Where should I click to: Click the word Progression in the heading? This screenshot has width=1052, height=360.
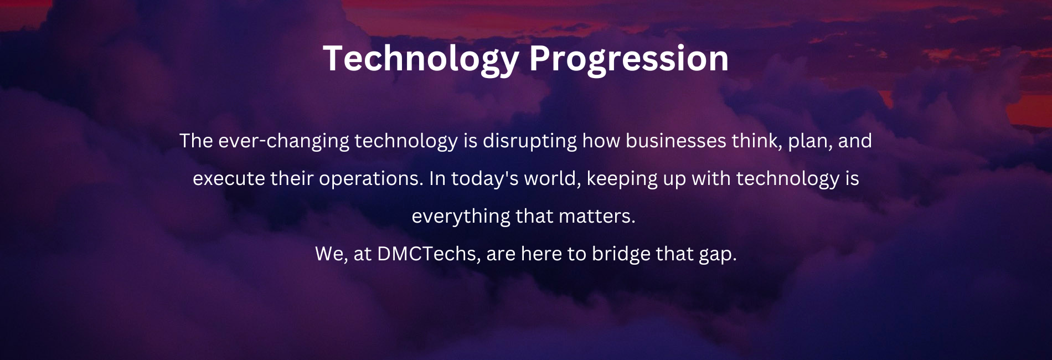point(628,59)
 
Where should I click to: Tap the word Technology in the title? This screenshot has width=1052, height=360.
point(421,59)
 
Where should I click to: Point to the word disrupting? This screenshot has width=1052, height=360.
point(530,141)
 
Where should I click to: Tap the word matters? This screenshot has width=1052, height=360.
point(597,216)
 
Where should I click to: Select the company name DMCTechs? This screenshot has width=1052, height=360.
point(429,254)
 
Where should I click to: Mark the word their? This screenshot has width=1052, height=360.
point(292,178)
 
